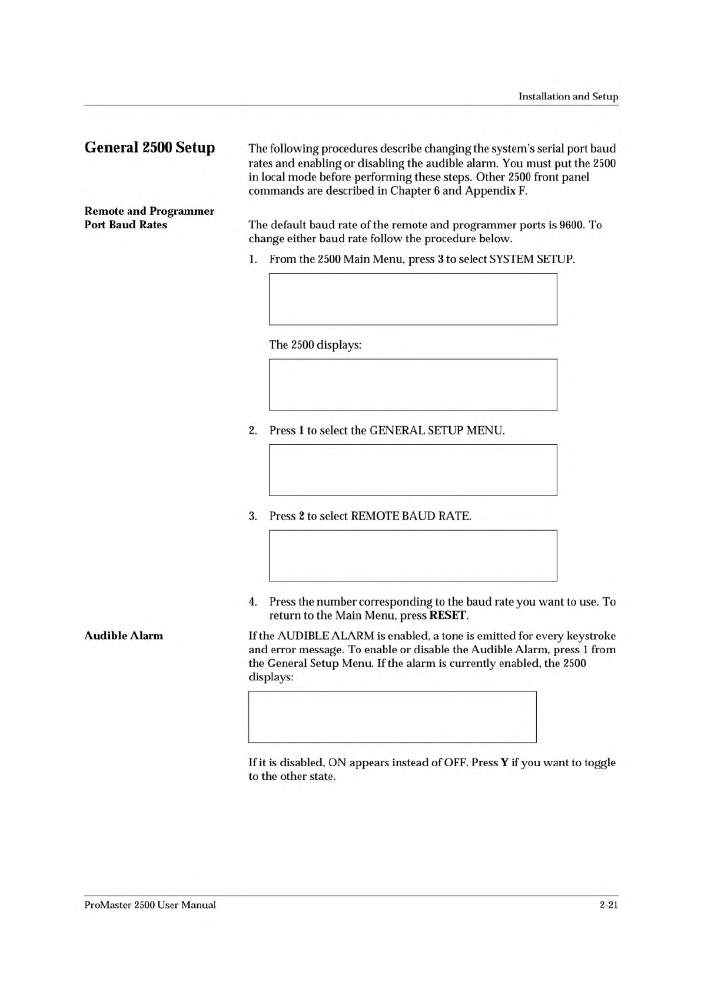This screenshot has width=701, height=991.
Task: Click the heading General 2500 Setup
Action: (x=149, y=147)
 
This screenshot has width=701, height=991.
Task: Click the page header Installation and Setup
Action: (x=567, y=97)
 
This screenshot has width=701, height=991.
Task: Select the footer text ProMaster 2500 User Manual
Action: (x=150, y=905)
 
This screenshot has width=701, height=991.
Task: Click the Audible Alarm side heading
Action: (x=124, y=636)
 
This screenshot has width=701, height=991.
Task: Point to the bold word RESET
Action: (x=448, y=616)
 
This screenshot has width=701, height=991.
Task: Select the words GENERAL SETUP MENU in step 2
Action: (x=436, y=431)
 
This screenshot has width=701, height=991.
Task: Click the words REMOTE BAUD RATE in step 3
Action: (x=411, y=517)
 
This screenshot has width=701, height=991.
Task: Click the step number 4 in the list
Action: (x=253, y=602)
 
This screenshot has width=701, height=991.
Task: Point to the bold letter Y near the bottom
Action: (x=504, y=763)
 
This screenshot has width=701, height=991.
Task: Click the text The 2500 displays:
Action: (x=315, y=345)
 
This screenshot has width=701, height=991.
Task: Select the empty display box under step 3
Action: (x=413, y=556)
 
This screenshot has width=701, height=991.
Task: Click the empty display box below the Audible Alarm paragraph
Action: (x=392, y=717)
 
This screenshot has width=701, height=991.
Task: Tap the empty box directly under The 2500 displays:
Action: (x=413, y=385)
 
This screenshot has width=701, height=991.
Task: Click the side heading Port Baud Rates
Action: (x=126, y=225)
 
